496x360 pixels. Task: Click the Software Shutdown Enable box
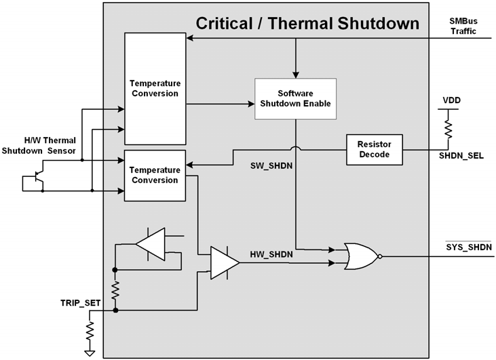tap(294, 99)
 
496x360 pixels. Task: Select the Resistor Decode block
tap(374, 149)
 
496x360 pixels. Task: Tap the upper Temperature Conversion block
tap(154, 87)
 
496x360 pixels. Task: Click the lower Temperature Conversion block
tap(154, 176)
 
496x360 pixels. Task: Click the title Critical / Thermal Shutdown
tap(307, 24)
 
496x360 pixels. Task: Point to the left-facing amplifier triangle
tap(150, 245)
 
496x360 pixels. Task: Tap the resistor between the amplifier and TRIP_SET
tap(115, 291)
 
